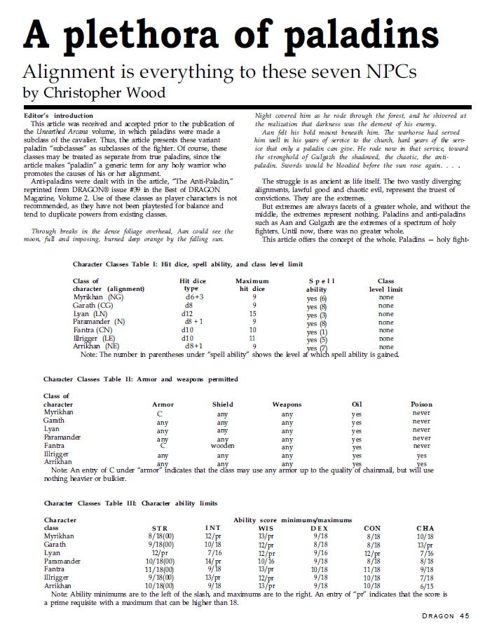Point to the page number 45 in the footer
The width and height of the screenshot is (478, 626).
click(464, 615)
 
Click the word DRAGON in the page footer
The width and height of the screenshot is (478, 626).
click(439, 615)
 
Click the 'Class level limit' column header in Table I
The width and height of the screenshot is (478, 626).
click(385, 285)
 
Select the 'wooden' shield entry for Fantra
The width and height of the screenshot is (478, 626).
click(223, 445)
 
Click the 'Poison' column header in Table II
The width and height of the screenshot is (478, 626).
click(421, 404)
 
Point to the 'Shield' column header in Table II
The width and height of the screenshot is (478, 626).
click(223, 404)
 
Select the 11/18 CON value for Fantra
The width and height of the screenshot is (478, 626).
click(372, 569)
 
